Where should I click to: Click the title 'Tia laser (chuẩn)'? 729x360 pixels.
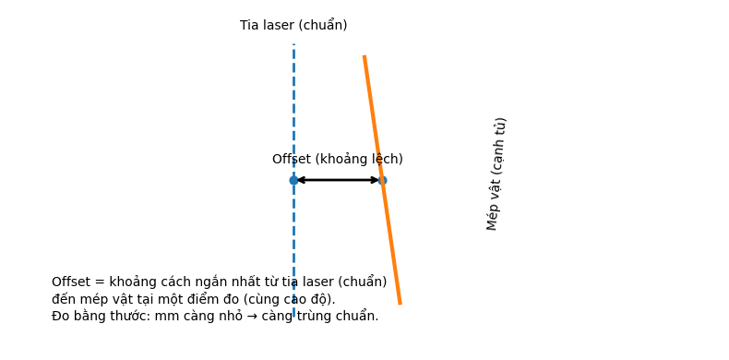coord(293,26)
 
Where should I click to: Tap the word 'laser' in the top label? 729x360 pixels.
coord(277,26)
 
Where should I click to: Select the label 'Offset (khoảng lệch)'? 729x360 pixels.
coord(337,160)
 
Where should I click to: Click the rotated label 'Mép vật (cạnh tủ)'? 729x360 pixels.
coord(496,174)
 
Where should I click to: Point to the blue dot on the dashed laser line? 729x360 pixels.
coord(293,180)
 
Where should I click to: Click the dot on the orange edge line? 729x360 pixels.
coord(382,180)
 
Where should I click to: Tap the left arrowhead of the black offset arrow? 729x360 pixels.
coord(299,180)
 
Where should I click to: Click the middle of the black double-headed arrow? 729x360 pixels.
coord(338,180)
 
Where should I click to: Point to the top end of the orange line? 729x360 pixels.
coord(364,57)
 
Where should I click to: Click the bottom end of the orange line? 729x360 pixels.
coord(400,302)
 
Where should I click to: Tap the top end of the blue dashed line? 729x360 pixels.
coord(293,44)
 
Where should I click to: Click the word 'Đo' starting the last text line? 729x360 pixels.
coord(61,316)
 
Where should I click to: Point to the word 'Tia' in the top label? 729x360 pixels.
coord(249,26)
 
